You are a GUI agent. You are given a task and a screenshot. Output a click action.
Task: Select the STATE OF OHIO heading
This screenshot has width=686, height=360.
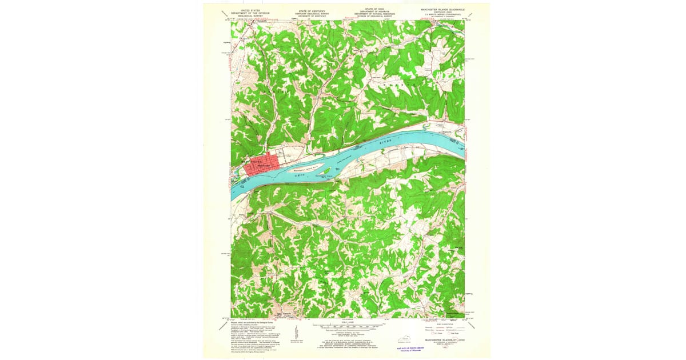[375, 9]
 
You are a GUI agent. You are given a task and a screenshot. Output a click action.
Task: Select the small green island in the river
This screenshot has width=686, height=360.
[326, 170]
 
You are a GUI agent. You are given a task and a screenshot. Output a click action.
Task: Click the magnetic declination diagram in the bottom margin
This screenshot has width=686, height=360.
[297, 334]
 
